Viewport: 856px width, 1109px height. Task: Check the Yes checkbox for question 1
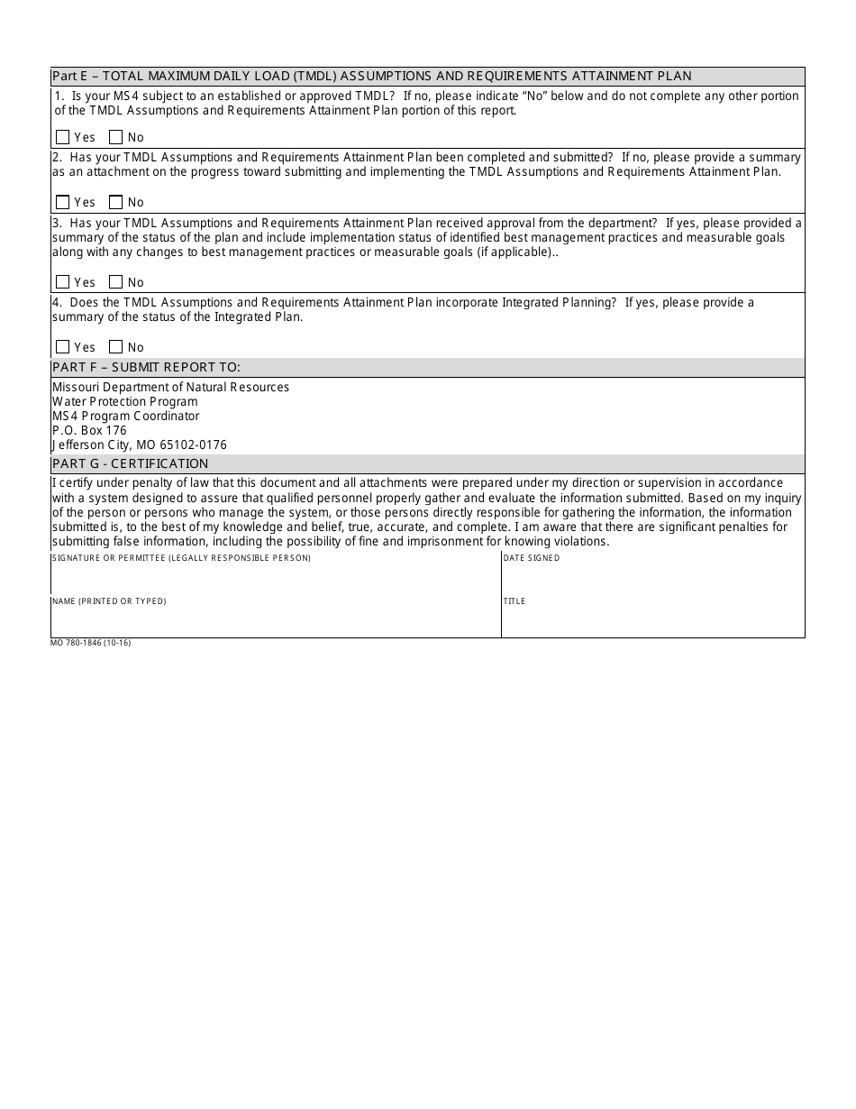[x=62, y=137]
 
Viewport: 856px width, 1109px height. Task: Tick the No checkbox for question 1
[x=115, y=137]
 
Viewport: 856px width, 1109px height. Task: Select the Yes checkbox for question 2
[x=62, y=202]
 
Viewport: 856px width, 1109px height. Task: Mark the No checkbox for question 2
[x=115, y=202]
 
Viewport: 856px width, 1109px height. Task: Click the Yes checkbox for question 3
[x=62, y=282]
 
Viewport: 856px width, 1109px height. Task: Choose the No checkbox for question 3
[x=115, y=282]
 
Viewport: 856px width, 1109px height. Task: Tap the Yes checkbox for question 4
[x=62, y=347]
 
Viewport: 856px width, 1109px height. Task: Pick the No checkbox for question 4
[x=115, y=347]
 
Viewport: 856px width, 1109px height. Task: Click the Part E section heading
[x=371, y=77]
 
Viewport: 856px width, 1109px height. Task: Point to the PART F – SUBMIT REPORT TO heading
[x=146, y=367]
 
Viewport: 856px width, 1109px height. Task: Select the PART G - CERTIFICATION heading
[x=130, y=463]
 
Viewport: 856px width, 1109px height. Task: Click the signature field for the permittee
[x=275, y=577]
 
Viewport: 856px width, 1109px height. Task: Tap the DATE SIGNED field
[x=652, y=577]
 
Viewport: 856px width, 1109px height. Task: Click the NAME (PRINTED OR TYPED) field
[x=275, y=620]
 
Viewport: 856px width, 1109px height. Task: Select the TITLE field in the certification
[x=652, y=620]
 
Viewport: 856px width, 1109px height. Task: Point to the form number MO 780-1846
[x=90, y=643]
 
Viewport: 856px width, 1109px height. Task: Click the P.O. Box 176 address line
[x=89, y=430]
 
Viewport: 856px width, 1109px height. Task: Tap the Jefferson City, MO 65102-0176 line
[x=140, y=445]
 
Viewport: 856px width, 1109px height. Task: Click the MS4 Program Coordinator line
[x=125, y=416]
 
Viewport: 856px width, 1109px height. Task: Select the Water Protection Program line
[x=124, y=401]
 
